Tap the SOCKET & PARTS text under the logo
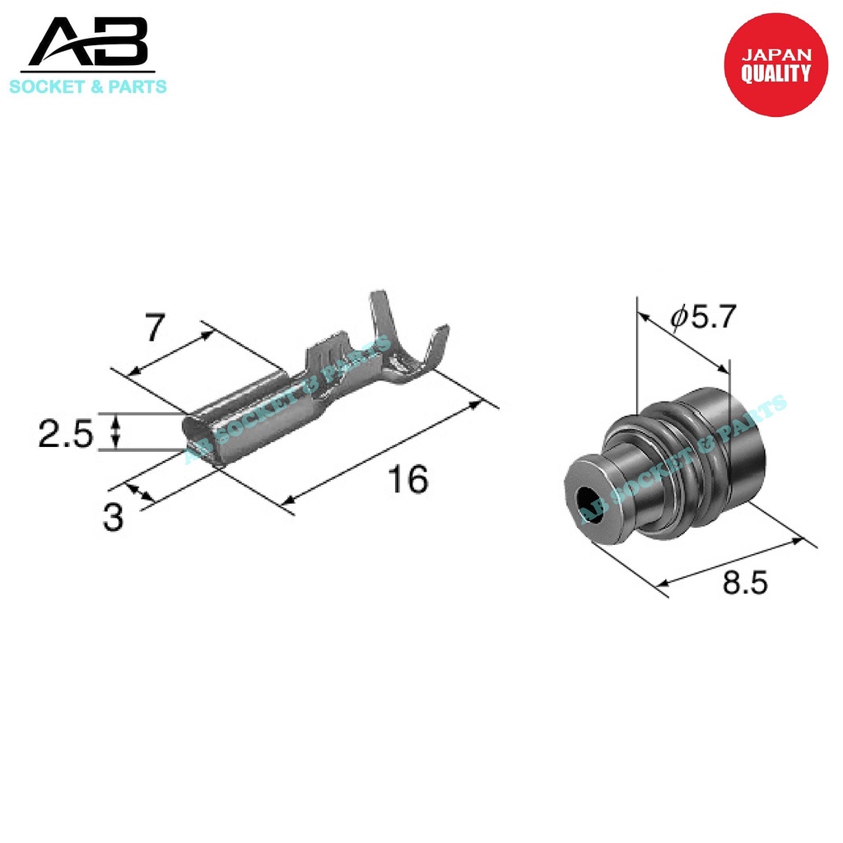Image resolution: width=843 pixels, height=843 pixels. pyautogui.click(x=88, y=86)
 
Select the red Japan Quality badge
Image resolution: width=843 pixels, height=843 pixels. pyautogui.click(x=775, y=64)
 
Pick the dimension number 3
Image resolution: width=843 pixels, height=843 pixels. pyautogui.click(x=113, y=518)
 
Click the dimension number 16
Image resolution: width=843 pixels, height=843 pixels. pyautogui.click(x=408, y=479)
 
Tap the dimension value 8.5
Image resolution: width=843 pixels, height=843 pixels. pyautogui.click(x=745, y=583)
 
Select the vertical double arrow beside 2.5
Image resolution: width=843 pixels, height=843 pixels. pyautogui.click(x=116, y=431)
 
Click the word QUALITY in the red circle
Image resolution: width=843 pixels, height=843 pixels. pyautogui.click(x=775, y=74)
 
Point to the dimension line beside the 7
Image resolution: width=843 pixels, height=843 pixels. pyautogui.click(x=169, y=353)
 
